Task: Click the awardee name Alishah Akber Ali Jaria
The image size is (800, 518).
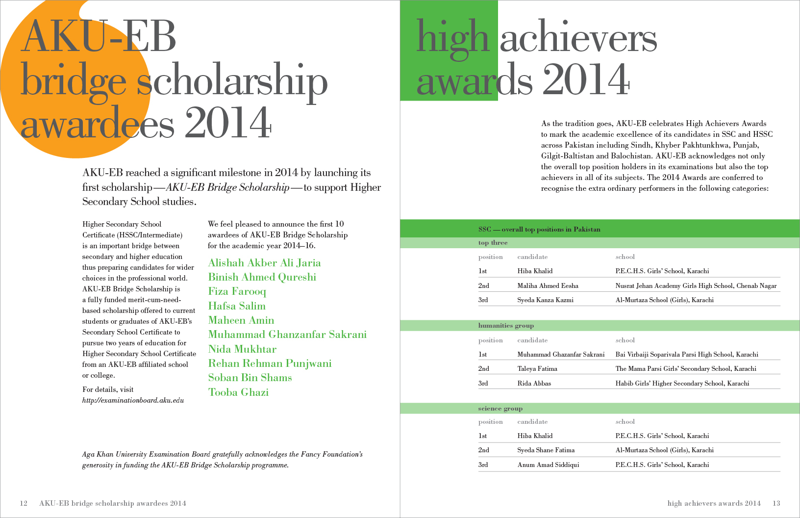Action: point(264,263)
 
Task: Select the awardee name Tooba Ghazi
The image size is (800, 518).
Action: point(238,392)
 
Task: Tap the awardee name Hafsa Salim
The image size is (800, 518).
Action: point(237,306)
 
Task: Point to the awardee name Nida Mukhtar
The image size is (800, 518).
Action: point(242,349)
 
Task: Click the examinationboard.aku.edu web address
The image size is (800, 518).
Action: point(133,400)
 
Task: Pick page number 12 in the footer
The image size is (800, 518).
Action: point(24,503)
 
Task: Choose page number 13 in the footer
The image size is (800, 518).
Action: point(776,503)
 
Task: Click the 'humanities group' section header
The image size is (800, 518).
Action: point(506,326)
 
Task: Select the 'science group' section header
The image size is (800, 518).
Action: point(500,409)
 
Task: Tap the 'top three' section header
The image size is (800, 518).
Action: point(493,243)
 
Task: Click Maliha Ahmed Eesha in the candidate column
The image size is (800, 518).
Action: point(548,285)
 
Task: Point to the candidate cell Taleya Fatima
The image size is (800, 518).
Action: point(537,368)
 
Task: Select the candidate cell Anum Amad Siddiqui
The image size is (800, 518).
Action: point(548,465)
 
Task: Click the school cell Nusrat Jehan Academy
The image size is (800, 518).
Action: point(696,285)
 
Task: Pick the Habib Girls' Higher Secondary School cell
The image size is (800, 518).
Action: point(682,383)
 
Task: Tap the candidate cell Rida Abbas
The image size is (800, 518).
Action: point(534,383)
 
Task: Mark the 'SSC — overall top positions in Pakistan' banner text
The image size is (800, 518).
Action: point(539,229)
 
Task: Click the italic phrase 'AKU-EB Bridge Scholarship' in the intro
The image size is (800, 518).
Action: point(227,187)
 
